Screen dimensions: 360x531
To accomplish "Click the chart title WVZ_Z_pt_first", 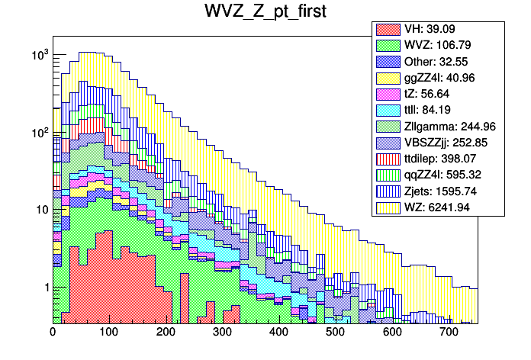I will coord(265,13).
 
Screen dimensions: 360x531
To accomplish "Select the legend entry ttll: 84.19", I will coord(443,110).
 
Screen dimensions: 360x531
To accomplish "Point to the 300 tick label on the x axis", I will coord(222,333).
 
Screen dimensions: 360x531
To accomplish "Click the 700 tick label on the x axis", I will coord(449,333).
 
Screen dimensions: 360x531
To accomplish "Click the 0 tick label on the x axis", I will coord(53,333).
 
